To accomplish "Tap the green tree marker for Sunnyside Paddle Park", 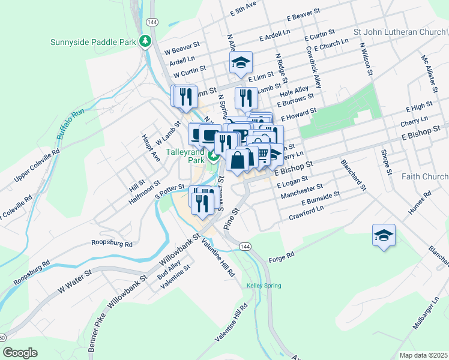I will click(x=145, y=41).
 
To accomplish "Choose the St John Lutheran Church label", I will click(x=400, y=32).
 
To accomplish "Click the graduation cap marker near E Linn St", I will click(x=240, y=62).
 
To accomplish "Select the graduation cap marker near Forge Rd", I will click(x=383, y=235).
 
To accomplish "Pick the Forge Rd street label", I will click(x=282, y=256).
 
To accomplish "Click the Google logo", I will click(x=20, y=353).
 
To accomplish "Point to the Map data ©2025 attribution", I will click(x=423, y=355).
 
